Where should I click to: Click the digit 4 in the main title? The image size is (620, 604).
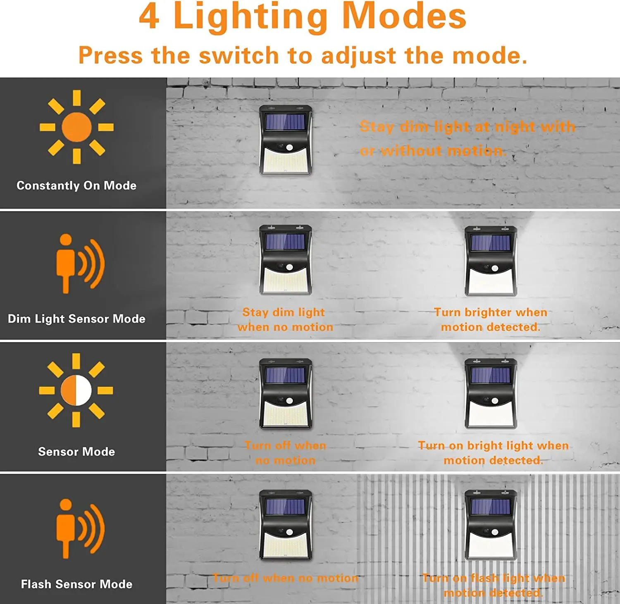pos(149,17)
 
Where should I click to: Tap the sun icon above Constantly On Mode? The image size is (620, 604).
pos(76,127)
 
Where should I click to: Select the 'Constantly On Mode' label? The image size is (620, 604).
pos(76,185)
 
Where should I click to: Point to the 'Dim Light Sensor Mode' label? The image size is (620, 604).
pos(76,319)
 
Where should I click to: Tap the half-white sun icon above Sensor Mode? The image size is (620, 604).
pos(76,390)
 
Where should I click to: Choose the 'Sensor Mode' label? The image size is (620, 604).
pos(76,452)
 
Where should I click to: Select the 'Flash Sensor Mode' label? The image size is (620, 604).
pos(76,584)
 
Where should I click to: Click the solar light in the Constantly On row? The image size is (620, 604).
pos(285,140)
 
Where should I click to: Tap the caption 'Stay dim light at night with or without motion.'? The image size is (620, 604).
pos(467,138)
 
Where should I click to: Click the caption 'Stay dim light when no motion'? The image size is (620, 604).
pos(285,319)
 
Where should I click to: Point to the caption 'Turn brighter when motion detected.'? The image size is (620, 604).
pos(491,319)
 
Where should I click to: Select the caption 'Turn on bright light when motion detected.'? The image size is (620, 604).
pos(493,453)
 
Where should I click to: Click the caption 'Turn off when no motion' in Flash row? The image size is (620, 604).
pos(285,578)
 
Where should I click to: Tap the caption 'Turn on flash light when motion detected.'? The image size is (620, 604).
pos(493,585)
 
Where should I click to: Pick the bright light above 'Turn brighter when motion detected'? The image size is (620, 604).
pos(491,261)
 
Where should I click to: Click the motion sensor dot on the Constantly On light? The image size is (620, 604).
pos(289,147)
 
